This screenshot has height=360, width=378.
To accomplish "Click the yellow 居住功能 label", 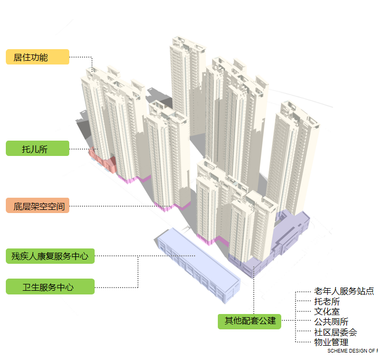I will coord(37,57).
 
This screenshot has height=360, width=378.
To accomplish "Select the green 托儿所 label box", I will coord(37,149).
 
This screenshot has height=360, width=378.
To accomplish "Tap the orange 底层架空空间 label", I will coord(37,206).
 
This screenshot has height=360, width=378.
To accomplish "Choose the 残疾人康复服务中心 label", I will coord(50,256).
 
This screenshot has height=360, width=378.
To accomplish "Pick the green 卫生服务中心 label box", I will coord(50,287).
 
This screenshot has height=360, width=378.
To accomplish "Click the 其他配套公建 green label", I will coord(250,321).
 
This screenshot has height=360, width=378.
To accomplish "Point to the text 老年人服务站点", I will coord(344,291).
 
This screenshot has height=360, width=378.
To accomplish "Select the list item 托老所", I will coord(327,302).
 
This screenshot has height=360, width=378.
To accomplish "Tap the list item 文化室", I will coord(327,312).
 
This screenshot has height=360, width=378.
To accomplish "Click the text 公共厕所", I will coord(331,322).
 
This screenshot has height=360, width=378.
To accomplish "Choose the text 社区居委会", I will coord(335,333).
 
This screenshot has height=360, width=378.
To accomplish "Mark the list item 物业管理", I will coord(331,343).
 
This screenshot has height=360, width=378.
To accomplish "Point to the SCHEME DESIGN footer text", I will coord(352,350).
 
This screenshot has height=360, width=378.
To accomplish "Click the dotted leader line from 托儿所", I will coord(79,149).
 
